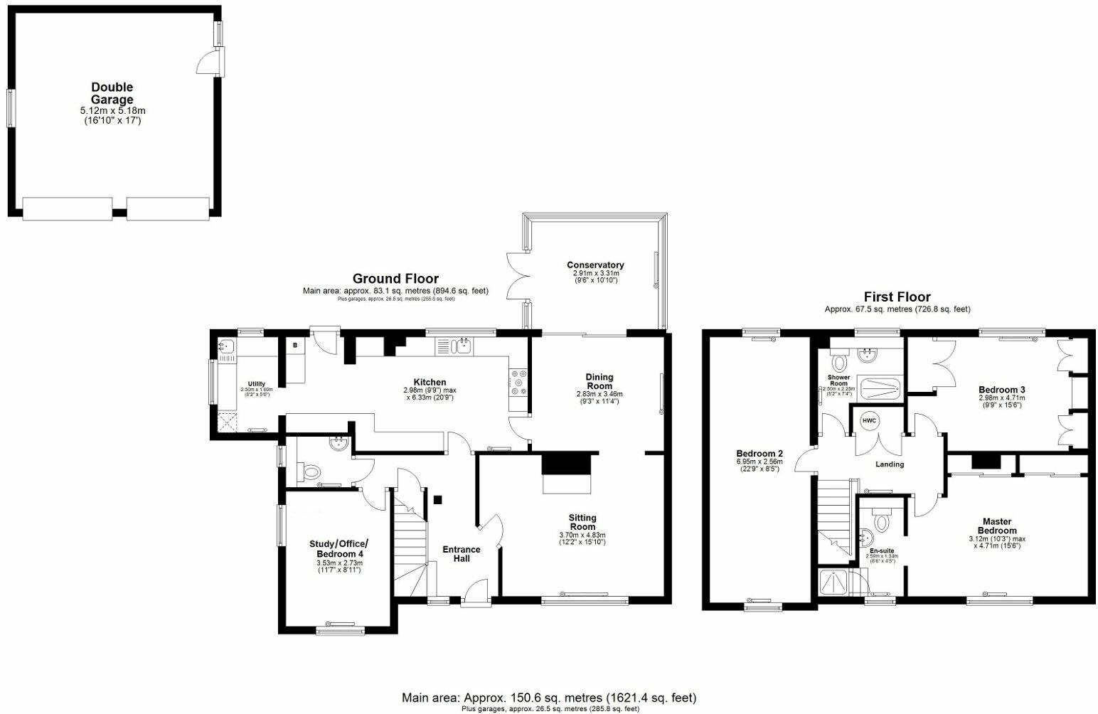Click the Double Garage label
pyautogui.click(x=112, y=93)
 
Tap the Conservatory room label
pyautogui.click(x=595, y=265)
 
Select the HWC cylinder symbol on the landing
pyautogui.click(x=870, y=421)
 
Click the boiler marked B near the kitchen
pyautogui.click(x=294, y=346)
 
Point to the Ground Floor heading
pyautogui.click(x=395, y=279)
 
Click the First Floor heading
pyautogui.click(x=897, y=297)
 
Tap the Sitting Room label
pyautogui.click(x=582, y=523)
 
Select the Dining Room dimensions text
pyautogui.click(x=599, y=397)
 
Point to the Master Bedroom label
pyautogui.click(x=996, y=526)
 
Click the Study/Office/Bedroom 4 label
pyautogui.click(x=339, y=549)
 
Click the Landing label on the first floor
pyautogui.click(x=889, y=464)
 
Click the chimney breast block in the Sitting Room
pyautogui.click(x=567, y=464)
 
